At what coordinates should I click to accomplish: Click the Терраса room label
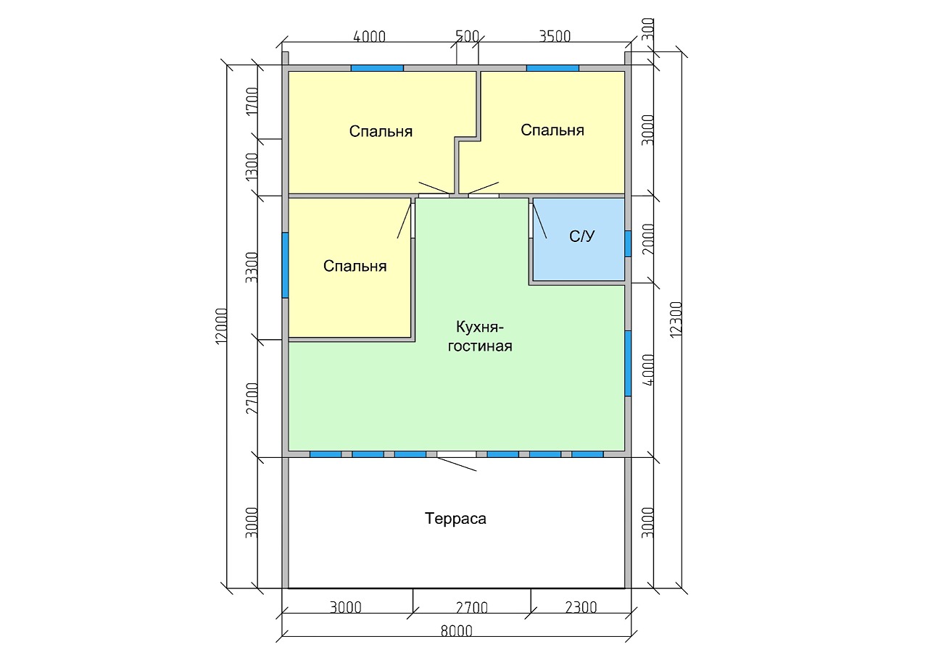pos(455,519)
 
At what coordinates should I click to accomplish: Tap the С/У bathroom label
pos(581,236)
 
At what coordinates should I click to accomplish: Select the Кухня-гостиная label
pos(480,336)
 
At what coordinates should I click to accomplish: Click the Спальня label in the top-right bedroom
pos(552,130)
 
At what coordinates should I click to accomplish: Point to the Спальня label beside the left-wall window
pos(355,266)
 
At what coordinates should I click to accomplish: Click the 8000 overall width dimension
pos(456,631)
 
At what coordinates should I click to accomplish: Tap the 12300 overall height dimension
pos(676,320)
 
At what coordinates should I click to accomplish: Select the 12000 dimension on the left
pos(222,326)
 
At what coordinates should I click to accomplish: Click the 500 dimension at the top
pos(468,36)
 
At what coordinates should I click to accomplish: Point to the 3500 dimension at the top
pos(555,36)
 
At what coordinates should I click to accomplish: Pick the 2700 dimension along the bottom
pos(471,608)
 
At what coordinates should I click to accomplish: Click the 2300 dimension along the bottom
pos(581,608)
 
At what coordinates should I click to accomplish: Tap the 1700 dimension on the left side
pos(252,102)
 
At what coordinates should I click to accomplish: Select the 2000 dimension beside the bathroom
pos(647,239)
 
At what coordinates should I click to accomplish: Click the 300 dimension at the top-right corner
pos(647,29)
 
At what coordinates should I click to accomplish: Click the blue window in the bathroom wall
pos(628,244)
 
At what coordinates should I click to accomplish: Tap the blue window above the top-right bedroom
pos(552,68)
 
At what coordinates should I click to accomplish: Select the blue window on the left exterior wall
pos(285,265)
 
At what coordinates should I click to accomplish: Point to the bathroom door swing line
pos(540,221)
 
